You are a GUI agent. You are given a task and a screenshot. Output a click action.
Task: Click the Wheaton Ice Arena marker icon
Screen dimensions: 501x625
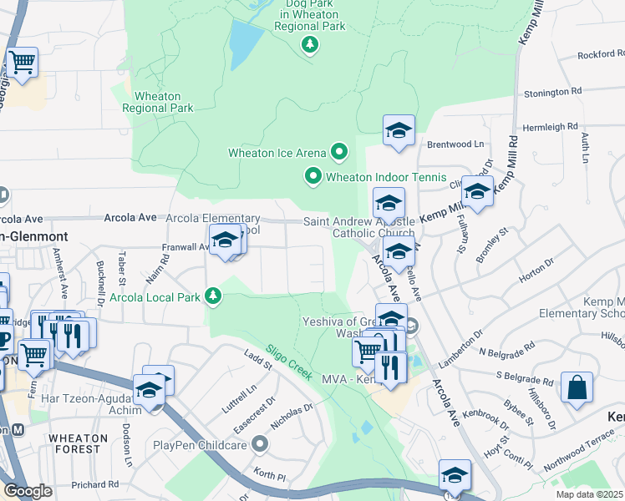[339, 153]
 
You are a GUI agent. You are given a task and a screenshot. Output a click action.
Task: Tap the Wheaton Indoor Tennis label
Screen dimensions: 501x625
[380, 176]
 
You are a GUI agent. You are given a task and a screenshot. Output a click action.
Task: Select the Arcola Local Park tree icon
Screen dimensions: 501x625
[214, 296]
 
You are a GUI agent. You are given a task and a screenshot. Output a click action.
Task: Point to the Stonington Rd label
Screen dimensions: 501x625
[551, 92]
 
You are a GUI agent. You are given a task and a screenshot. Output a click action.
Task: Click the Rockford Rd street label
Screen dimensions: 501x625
[601, 56]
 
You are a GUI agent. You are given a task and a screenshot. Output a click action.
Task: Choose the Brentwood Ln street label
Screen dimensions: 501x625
[455, 144]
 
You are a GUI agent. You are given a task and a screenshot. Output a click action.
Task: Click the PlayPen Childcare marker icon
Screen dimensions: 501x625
[261, 444]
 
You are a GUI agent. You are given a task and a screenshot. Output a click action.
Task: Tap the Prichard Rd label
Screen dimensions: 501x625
[94, 484]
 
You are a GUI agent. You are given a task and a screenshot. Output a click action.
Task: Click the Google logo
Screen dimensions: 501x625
[28, 491]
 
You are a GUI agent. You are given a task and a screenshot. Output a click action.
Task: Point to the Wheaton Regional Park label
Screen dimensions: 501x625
[158, 102]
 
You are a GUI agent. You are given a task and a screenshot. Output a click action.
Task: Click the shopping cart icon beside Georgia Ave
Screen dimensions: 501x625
[22, 61]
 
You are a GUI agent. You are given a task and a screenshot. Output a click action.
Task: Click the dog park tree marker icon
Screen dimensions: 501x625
[310, 44]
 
